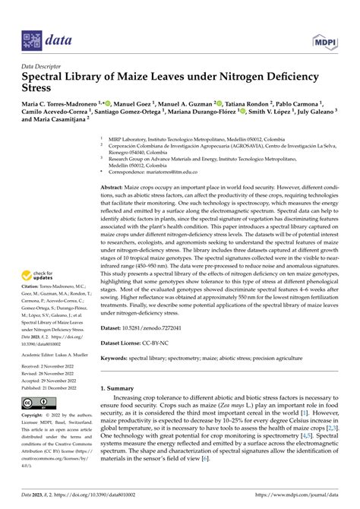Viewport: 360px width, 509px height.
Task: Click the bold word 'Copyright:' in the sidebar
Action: click(36, 416)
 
